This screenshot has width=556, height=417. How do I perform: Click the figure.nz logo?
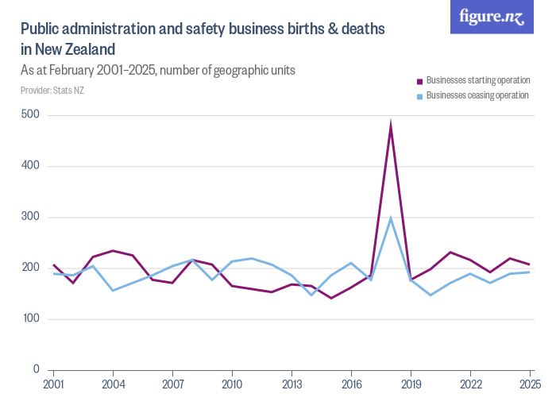(492, 17)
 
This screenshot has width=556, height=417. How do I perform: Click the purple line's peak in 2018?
(391, 125)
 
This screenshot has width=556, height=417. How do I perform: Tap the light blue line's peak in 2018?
(391, 218)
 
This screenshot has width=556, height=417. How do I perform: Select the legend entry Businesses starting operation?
(477, 80)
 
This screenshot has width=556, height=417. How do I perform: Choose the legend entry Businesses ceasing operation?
(477, 95)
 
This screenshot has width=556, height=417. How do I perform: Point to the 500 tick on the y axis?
(31, 115)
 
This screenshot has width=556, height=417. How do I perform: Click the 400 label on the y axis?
(31, 166)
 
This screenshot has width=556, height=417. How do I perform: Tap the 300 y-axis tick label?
(31, 217)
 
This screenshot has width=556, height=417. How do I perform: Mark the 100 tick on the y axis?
(31, 319)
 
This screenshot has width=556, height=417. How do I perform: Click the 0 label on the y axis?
(36, 369)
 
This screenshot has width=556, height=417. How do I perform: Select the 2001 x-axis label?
(53, 384)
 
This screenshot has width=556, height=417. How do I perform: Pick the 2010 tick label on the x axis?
(232, 384)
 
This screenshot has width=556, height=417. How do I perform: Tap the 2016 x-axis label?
(351, 384)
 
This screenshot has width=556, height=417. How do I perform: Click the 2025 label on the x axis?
(529, 384)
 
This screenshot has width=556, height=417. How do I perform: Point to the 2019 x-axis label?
(411, 384)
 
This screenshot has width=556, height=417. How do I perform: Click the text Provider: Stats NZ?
(52, 91)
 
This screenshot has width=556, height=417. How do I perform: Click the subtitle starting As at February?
(158, 70)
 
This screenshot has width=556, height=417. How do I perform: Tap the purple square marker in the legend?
(420, 81)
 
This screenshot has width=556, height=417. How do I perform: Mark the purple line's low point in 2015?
(331, 298)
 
